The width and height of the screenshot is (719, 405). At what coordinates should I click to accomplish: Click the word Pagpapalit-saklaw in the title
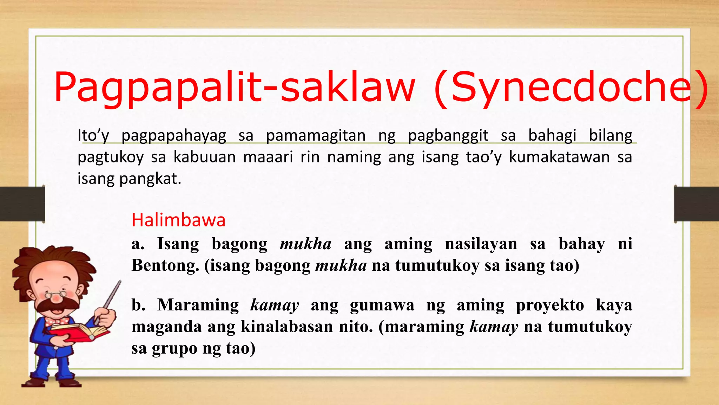pyautogui.click(x=233, y=87)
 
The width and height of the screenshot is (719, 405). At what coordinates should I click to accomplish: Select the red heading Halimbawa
pyautogui.click(x=178, y=220)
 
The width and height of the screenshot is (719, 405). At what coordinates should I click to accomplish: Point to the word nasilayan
pyautogui.click(x=481, y=244)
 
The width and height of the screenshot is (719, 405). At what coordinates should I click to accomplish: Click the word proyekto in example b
pyautogui.click(x=550, y=305)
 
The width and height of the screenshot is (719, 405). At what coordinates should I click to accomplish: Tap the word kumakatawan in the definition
pyautogui.click(x=559, y=157)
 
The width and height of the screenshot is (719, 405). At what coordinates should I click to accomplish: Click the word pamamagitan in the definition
pyautogui.click(x=316, y=135)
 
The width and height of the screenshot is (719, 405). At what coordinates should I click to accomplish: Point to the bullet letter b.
pyautogui.click(x=138, y=305)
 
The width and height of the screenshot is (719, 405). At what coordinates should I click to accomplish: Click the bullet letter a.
pyautogui.click(x=138, y=244)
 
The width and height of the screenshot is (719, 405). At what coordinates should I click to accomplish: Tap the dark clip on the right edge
pyautogui.click(x=697, y=204)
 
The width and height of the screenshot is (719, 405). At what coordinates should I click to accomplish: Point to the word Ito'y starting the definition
pyautogui.click(x=93, y=136)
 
